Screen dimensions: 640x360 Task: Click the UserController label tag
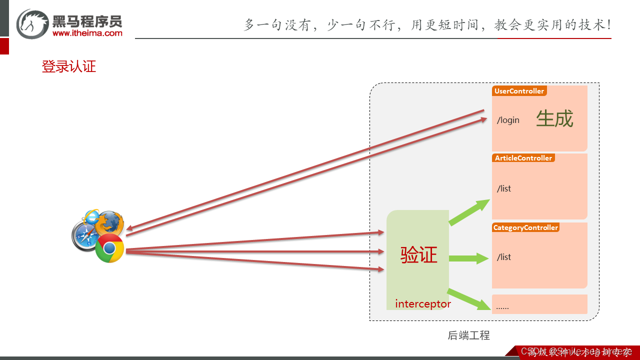[x=519, y=91]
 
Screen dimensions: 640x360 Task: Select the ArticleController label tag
[x=523, y=158]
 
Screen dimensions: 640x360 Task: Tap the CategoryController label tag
[x=525, y=227]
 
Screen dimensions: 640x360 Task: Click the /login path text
[x=508, y=120]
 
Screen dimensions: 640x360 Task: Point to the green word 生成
[x=554, y=119]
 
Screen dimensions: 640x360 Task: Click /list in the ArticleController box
[x=504, y=188]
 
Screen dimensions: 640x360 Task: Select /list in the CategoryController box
[x=504, y=257]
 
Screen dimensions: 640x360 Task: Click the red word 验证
[x=418, y=255]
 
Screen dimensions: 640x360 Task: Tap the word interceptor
[x=423, y=304]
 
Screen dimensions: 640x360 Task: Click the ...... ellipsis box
[x=539, y=304]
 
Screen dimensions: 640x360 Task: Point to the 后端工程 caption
[x=468, y=335]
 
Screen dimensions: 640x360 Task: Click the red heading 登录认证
[x=69, y=66]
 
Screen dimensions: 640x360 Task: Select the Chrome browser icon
[x=110, y=248]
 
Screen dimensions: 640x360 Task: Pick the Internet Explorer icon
[x=92, y=216]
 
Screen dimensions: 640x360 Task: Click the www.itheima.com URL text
[x=87, y=33]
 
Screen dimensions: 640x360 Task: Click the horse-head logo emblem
[x=32, y=23]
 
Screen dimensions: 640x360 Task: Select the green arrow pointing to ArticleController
[x=469, y=212]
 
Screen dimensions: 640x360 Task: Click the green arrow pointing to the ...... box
[x=468, y=298]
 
